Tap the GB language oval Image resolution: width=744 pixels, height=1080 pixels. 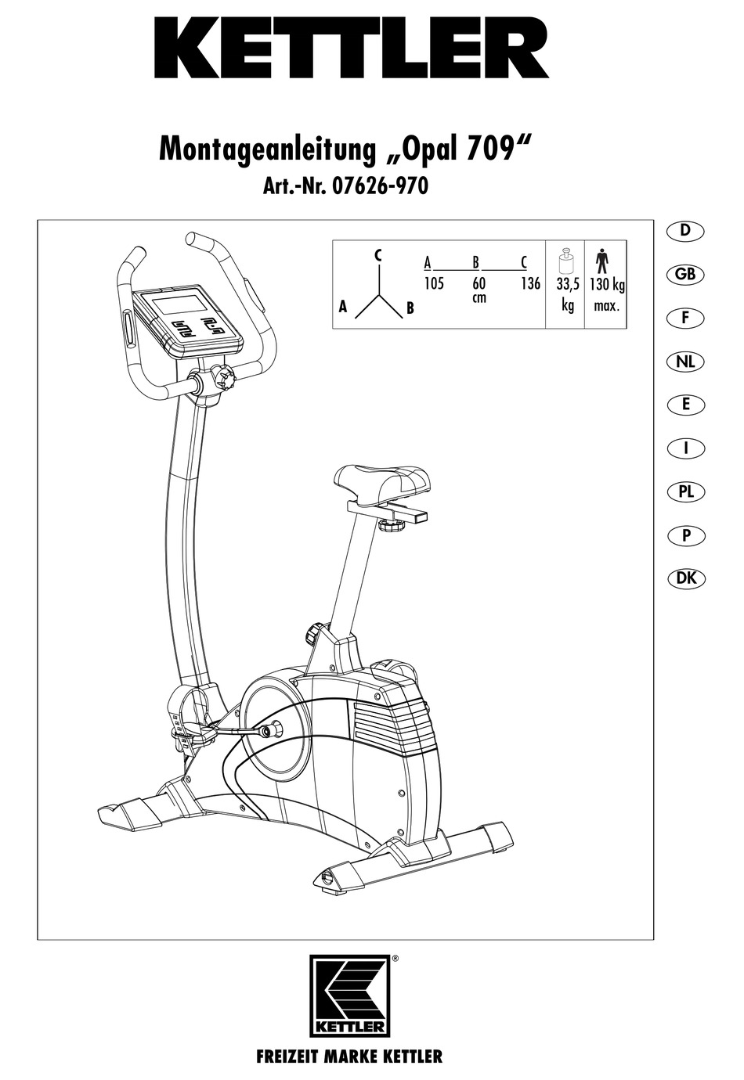tap(685, 275)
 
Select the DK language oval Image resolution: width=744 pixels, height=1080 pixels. tap(685, 579)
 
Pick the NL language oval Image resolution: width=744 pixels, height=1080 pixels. tap(685, 362)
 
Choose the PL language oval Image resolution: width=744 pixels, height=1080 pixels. tap(685, 492)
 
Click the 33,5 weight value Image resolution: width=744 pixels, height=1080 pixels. tap(568, 284)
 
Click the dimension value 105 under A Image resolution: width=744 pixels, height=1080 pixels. tap(434, 283)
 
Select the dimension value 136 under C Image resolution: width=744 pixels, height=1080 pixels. tap(530, 283)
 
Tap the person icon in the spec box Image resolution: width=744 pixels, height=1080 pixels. tap(601, 259)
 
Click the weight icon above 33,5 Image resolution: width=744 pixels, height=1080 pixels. tap(566, 259)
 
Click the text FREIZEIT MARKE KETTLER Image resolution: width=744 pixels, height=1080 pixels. tap(349, 1057)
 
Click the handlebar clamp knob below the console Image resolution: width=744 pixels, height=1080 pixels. tap(225, 380)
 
